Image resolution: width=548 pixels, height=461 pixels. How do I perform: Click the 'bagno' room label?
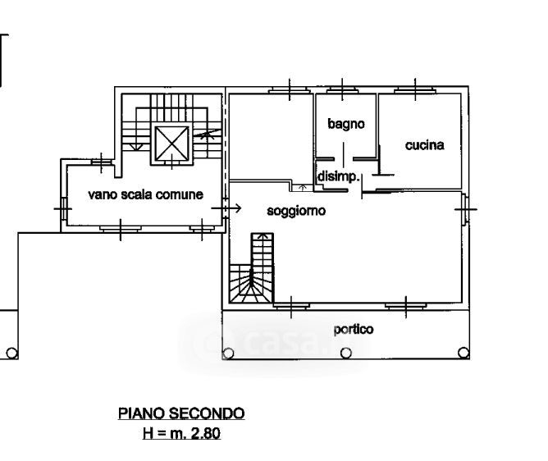pyautogui.click(x=345, y=125)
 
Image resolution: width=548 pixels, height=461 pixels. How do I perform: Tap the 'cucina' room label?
pyautogui.click(x=424, y=145)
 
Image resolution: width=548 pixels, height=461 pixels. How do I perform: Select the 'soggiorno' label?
pyautogui.click(x=296, y=211)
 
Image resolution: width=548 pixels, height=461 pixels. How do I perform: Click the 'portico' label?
pyautogui.click(x=354, y=329)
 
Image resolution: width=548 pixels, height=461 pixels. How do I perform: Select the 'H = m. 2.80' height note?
pyautogui.click(x=181, y=432)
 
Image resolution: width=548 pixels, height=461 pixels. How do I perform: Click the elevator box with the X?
pyautogui.click(x=172, y=144)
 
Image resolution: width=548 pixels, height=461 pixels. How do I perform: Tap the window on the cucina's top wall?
pyautogui.click(x=414, y=88)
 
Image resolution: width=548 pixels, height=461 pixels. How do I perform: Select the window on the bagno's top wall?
pyautogui.click(x=341, y=88)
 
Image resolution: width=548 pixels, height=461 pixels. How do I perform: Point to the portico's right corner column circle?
pyautogui.click(x=464, y=354)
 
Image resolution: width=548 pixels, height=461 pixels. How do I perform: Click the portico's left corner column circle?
pyautogui.click(x=228, y=354)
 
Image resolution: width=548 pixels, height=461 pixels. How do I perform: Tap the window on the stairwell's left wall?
pyautogui.click(x=63, y=208)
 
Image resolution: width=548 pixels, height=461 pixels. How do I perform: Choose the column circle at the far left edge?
pyautogui.click(x=11, y=354)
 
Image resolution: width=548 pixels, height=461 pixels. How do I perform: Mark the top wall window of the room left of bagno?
pyautogui.click(x=290, y=88)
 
